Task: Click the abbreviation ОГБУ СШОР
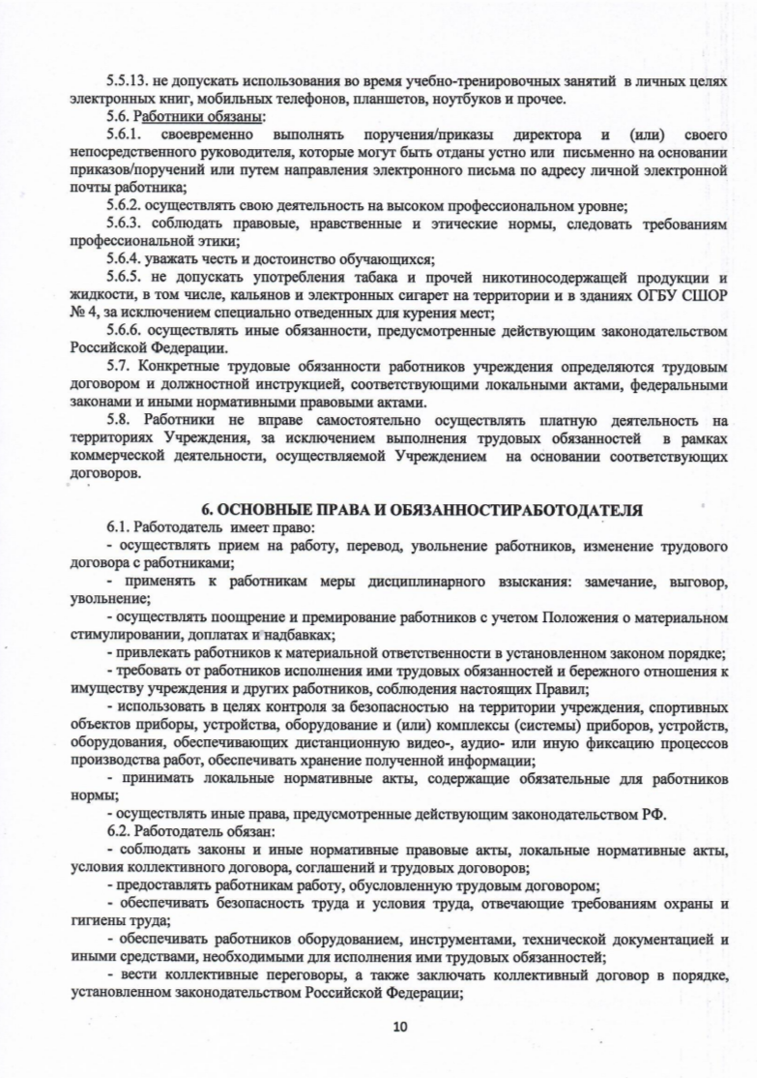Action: pyautogui.click(x=683, y=294)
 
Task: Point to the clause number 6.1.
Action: pyautogui.click(x=119, y=528)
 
